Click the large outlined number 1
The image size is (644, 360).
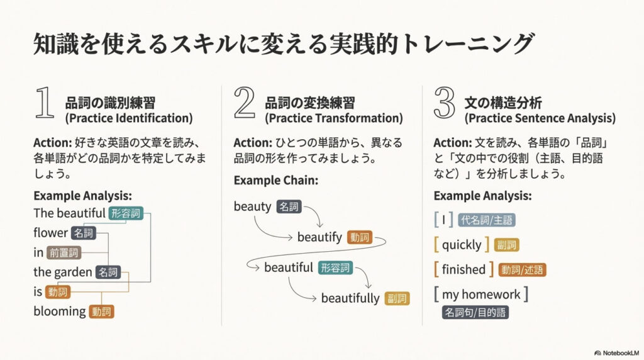pos(45,103)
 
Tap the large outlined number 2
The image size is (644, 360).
pos(245,103)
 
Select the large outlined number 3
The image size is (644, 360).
pos(445,103)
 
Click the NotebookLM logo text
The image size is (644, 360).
pos(621,353)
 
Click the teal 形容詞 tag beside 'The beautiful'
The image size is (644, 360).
pos(126,213)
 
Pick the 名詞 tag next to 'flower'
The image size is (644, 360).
pos(84,233)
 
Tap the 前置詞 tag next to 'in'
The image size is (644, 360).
pos(64,253)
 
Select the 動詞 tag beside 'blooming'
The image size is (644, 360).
pos(101,312)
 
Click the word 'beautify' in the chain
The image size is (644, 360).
pos(319,237)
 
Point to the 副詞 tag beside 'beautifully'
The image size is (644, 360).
pos(397,298)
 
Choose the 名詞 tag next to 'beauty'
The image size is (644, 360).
pos(289,206)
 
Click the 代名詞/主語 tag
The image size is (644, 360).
pos(486,220)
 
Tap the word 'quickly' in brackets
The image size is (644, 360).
pos(462,245)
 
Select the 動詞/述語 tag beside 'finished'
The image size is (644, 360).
pos(522,270)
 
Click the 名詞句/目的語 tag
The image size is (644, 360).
pos(475,312)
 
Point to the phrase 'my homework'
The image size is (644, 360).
pos(481,295)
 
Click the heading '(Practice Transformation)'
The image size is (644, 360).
pos(333,118)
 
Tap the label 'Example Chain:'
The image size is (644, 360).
pos(276,181)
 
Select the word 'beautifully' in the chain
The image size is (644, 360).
pos(350,298)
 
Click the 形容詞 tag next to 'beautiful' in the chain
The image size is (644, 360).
pos(335,268)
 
